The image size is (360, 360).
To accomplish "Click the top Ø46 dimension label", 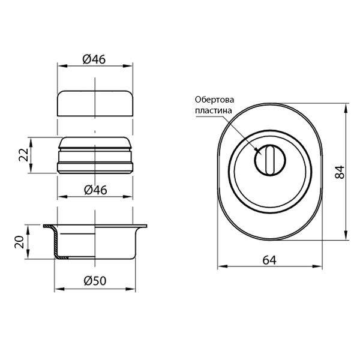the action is tap(94, 59).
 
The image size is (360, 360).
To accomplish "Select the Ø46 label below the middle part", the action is tap(95, 190).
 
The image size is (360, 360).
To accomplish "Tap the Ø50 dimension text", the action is tap(95, 281).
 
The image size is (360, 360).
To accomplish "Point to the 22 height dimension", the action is tap(23, 155).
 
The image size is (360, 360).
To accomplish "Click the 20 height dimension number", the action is tap(19, 242).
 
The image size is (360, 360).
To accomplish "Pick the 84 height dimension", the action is tap(340, 172).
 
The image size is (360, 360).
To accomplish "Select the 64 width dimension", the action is tap(269, 260).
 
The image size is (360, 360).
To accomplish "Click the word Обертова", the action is tap(215, 100).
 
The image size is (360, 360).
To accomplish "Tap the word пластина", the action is tap(214, 110).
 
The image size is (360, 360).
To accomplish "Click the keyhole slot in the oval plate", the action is tap(270, 160).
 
